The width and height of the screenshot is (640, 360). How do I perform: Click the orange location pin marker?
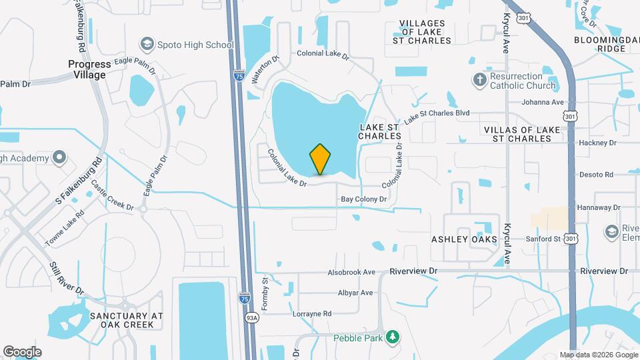pyautogui.click(x=320, y=159)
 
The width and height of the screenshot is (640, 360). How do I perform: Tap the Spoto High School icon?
pyautogui.click(x=146, y=45)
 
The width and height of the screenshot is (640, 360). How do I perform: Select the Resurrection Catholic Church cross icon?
pyautogui.click(x=479, y=81)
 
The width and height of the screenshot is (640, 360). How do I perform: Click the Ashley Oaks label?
pyautogui.click(x=464, y=239)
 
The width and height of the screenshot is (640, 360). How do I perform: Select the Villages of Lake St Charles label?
pyautogui.click(x=425, y=32)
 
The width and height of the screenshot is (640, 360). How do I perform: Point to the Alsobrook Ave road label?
pyautogui.click(x=351, y=272)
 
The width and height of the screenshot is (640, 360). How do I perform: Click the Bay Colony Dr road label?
pyautogui.click(x=364, y=199)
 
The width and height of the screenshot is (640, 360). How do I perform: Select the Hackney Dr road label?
pyautogui.click(x=597, y=143)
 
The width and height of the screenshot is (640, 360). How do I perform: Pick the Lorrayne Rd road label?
pyautogui.click(x=312, y=313)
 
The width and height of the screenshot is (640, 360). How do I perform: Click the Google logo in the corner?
pyautogui.click(x=22, y=351)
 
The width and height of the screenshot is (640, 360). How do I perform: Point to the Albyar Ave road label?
pyautogui.click(x=355, y=293)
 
